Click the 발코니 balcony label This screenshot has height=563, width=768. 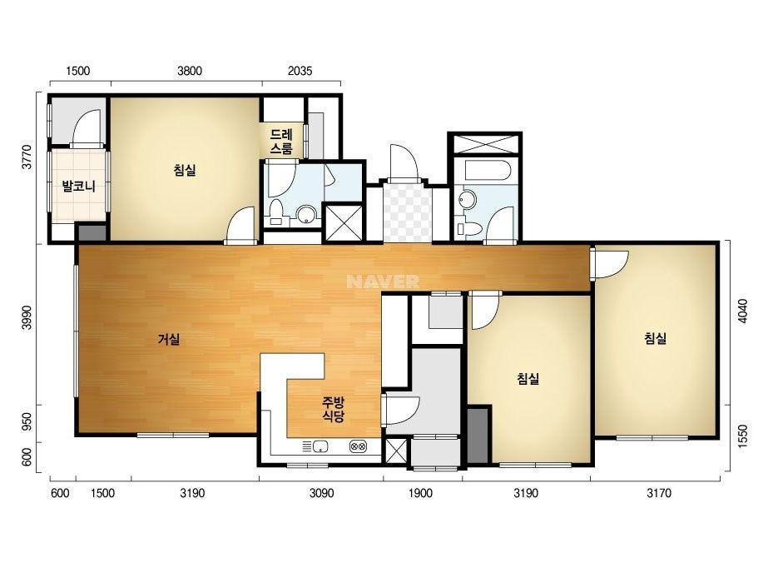pyautogui.click(x=78, y=187)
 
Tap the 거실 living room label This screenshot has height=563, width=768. pyautogui.click(x=169, y=339)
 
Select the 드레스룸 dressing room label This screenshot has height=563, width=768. pyautogui.click(x=281, y=142)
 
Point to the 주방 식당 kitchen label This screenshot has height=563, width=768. pyautogui.click(x=333, y=410)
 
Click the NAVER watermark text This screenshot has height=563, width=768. pyautogui.click(x=383, y=281)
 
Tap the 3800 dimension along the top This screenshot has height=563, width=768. pyautogui.click(x=190, y=71)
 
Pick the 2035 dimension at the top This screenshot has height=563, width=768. pyautogui.click(x=300, y=71)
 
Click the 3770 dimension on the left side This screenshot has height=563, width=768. pyautogui.click(x=27, y=157)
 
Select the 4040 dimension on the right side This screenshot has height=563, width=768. pyautogui.click(x=742, y=311)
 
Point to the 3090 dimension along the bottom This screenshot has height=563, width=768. pyautogui.click(x=321, y=493)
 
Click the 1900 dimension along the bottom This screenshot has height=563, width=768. pyautogui.click(x=420, y=493)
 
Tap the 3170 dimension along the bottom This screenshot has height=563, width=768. pyautogui.click(x=659, y=493)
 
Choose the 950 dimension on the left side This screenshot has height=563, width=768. pyautogui.click(x=27, y=421)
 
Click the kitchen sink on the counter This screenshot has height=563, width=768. pyautogui.click(x=320, y=446)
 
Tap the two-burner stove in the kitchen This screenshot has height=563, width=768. pyautogui.click(x=358, y=446)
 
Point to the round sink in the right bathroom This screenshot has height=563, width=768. pyautogui.click(x=468, y=198)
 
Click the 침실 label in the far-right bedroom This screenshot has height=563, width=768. pyautogui.click(x=655, y=338)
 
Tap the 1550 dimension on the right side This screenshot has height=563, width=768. pyautogui.click(x=742, y=436)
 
